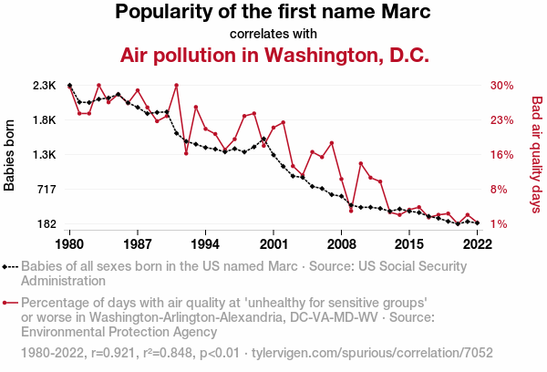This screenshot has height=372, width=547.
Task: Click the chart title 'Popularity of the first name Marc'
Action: (x=273, y=13)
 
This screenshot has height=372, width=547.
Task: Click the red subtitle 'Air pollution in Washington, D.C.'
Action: (x=273, y=55)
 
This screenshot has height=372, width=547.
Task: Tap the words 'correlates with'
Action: (x=273, y=34)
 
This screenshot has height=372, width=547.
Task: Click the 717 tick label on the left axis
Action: (x=46, y=190)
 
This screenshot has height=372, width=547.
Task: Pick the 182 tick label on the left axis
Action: (x=46, y=224)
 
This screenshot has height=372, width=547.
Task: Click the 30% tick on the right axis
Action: (x=502, y=86)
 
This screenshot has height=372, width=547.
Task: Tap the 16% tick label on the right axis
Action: (x=502, y=155)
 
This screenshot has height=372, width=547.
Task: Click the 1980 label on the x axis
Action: (x=70, y=244)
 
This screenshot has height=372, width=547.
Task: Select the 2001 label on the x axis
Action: (x=273, y=244)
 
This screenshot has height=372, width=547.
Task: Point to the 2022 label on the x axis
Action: (x=478, y=244)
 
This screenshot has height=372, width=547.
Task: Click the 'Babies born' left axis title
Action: (x=10, y=155)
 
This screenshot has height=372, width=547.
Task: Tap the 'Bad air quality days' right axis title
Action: (x=536, y=155)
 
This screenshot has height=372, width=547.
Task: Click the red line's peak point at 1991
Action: (x=176, y=86)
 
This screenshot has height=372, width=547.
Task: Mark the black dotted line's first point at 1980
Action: (x=70, y=86)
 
